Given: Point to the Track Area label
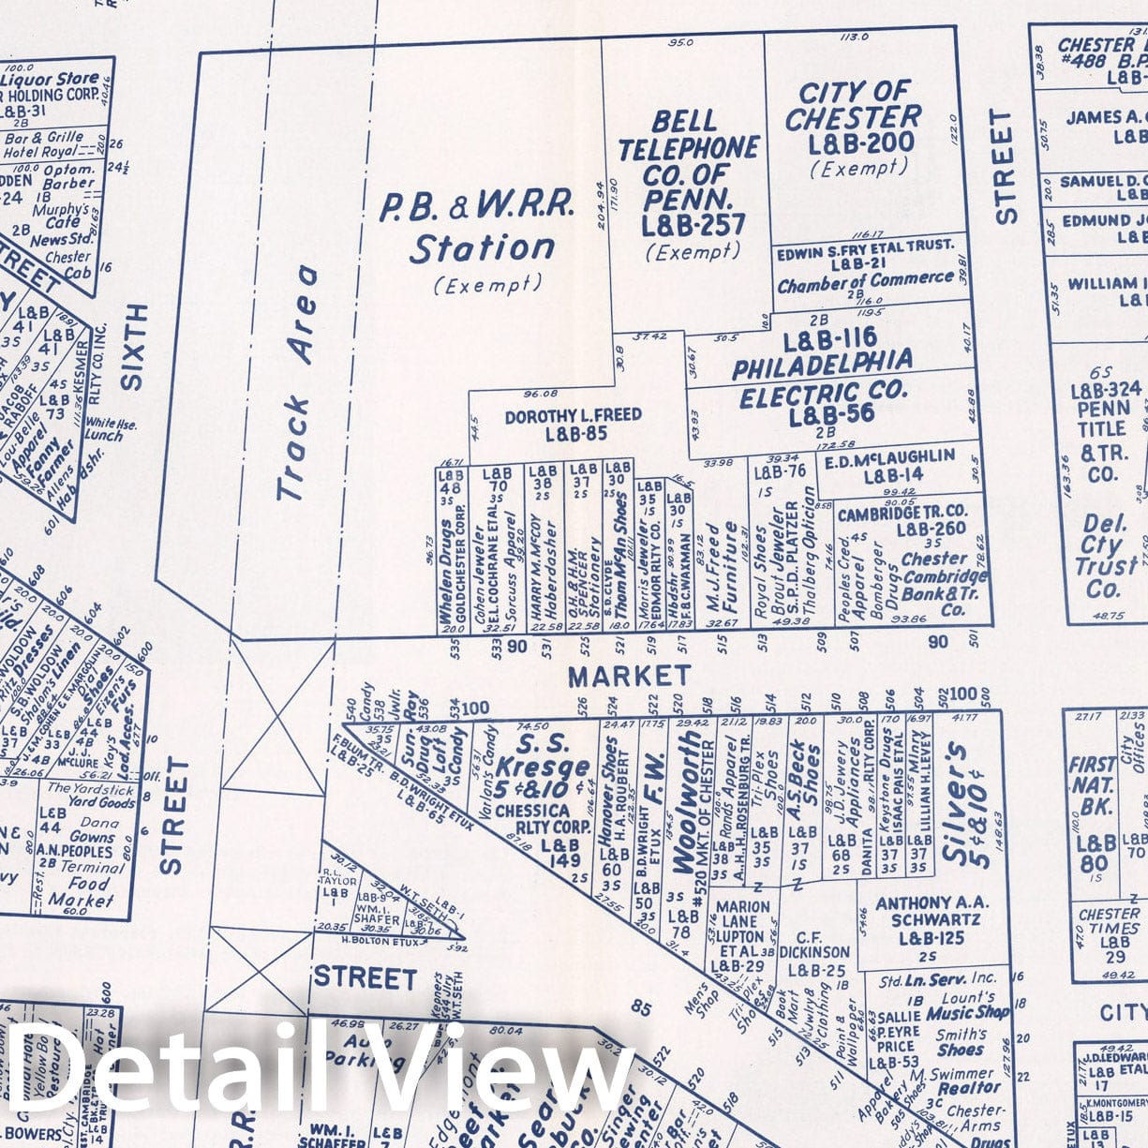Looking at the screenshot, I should [x=298, y=384].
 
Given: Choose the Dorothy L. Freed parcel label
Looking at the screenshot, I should [x=573, y=424].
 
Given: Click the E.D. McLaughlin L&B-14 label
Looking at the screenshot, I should [x=892, y=465].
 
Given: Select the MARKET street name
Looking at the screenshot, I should [x=629, y=675].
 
